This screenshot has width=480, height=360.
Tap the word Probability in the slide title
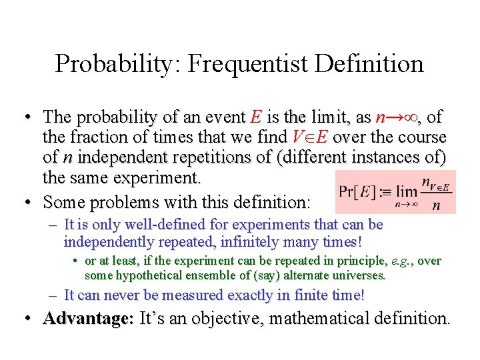[115, 64]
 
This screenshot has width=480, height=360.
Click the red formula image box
[396, 191]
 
